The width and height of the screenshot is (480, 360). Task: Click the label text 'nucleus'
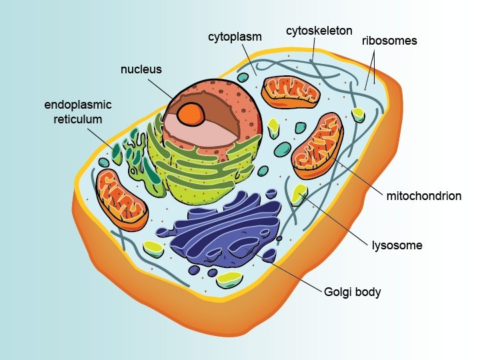(x=141, y=69)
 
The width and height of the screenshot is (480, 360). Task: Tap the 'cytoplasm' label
(x=234, y=35)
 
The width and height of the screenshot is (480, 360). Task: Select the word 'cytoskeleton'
(x=319, y=31)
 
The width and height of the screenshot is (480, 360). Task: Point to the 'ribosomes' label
(x=389, y=41)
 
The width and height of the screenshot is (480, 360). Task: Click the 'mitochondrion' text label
(x=423, y=196)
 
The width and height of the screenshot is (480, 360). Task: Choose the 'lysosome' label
(x=397, y=245)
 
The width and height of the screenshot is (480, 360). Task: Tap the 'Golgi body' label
(x=352, y=292)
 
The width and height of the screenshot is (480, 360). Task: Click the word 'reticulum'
(x=78, y=119)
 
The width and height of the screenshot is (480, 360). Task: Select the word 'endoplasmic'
(x=77, y=105)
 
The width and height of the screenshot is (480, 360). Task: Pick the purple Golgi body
(x=227, y=230)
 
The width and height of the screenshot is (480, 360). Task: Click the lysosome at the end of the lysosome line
(x=299, y=193)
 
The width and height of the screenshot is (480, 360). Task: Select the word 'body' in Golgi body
(x=368, y=292)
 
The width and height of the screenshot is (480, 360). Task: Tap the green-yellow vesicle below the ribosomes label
(x=359, y=114)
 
